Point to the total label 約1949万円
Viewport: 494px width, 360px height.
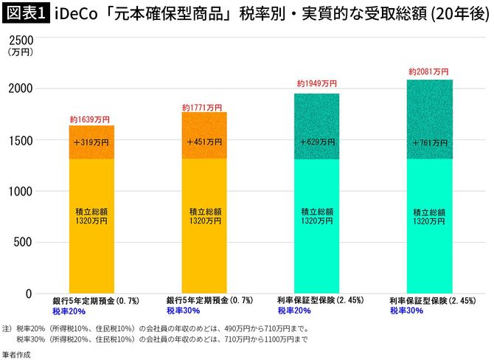pyautogui.click(x=317, y=85)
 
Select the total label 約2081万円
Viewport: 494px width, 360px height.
pyautogui.click(x=428, y=72)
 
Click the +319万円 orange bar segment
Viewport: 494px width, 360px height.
pyautogui.click(x=91, y=142)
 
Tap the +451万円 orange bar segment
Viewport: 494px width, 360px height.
pyautogui.click(x=204, y=142)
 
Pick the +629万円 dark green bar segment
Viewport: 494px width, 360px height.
pyautogui.click(x=317, y=142)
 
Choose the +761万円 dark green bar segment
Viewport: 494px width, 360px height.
pyautogui.click(x=430, y=142)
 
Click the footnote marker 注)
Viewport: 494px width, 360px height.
pyautogui.click(x=7, y=328)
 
